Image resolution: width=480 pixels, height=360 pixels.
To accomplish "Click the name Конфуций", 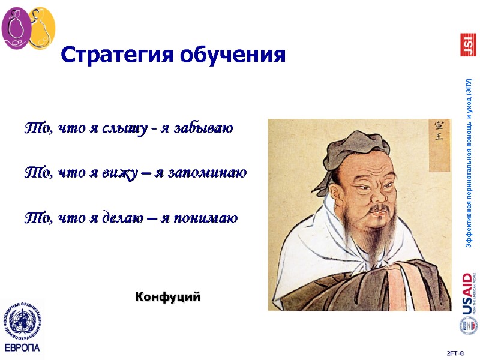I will pos(167,296).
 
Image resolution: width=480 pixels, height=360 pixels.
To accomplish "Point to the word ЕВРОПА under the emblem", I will pos(22,348).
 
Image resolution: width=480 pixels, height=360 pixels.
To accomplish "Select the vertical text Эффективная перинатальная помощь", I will pos(469,162).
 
